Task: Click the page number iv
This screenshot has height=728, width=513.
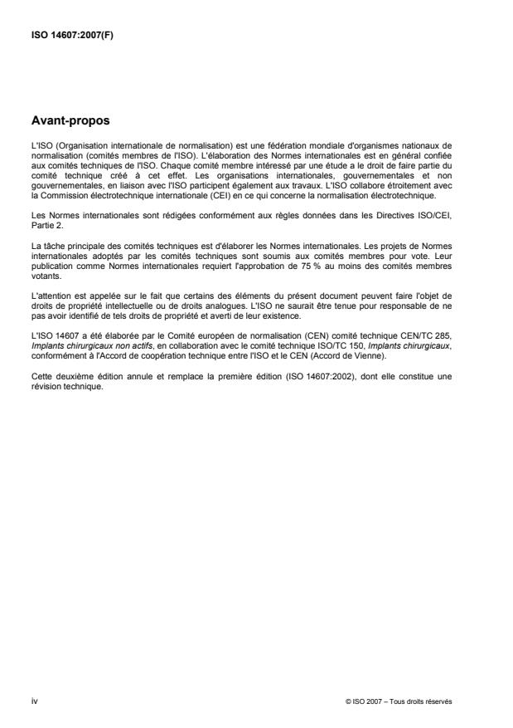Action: [34, 701]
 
